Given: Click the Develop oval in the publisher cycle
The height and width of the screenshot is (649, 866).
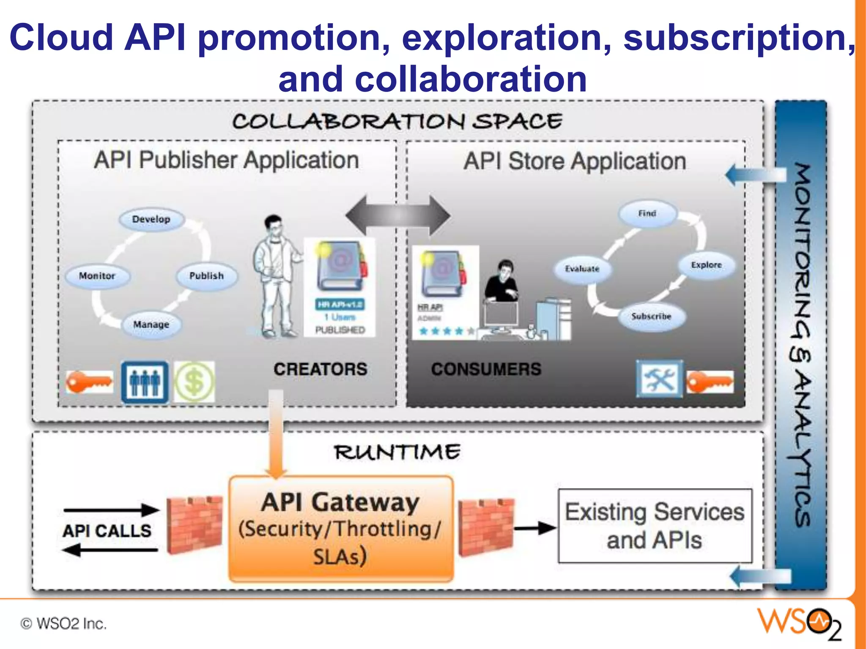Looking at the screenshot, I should [151, 219].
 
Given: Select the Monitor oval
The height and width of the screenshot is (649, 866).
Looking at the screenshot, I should [97, 276].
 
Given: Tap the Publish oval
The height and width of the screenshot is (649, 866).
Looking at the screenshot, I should [206, 276].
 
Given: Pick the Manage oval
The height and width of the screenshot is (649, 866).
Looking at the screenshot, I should [151, 324].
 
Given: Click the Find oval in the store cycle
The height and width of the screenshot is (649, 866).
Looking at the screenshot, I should [647, 213].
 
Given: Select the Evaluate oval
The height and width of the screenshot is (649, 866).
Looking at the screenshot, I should [582, 269].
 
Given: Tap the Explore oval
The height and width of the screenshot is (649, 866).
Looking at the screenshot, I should [706, 265].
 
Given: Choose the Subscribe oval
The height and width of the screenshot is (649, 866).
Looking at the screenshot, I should [651, 316].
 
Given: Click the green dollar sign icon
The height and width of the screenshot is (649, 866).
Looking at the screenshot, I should [195, 382].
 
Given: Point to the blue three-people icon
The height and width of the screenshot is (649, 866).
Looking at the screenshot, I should [145, 382].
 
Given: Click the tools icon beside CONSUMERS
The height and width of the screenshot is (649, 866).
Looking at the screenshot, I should [659, 379].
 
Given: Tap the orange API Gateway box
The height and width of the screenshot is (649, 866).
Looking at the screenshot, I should [341, 529].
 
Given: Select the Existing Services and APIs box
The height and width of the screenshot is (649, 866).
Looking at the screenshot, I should [655, 526].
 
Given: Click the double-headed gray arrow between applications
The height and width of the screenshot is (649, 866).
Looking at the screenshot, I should [398, 215].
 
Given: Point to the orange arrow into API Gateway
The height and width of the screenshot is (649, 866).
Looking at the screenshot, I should [276, 435].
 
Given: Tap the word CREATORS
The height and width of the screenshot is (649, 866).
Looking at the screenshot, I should [320, 369].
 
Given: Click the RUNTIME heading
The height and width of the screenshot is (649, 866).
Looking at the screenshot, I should [397, 452].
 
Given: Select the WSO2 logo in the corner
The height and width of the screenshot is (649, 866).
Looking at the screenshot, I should [799, 623].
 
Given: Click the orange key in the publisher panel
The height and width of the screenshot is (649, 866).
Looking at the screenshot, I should [89, 382].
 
